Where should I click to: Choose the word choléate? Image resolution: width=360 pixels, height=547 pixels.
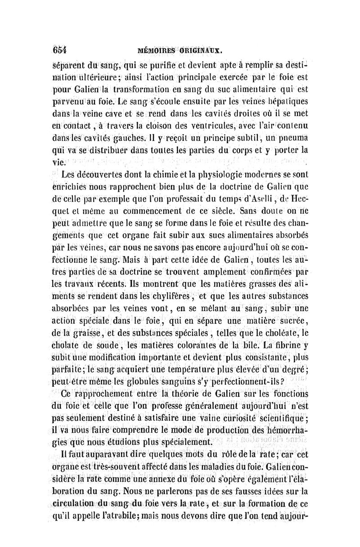pos(281,334)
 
